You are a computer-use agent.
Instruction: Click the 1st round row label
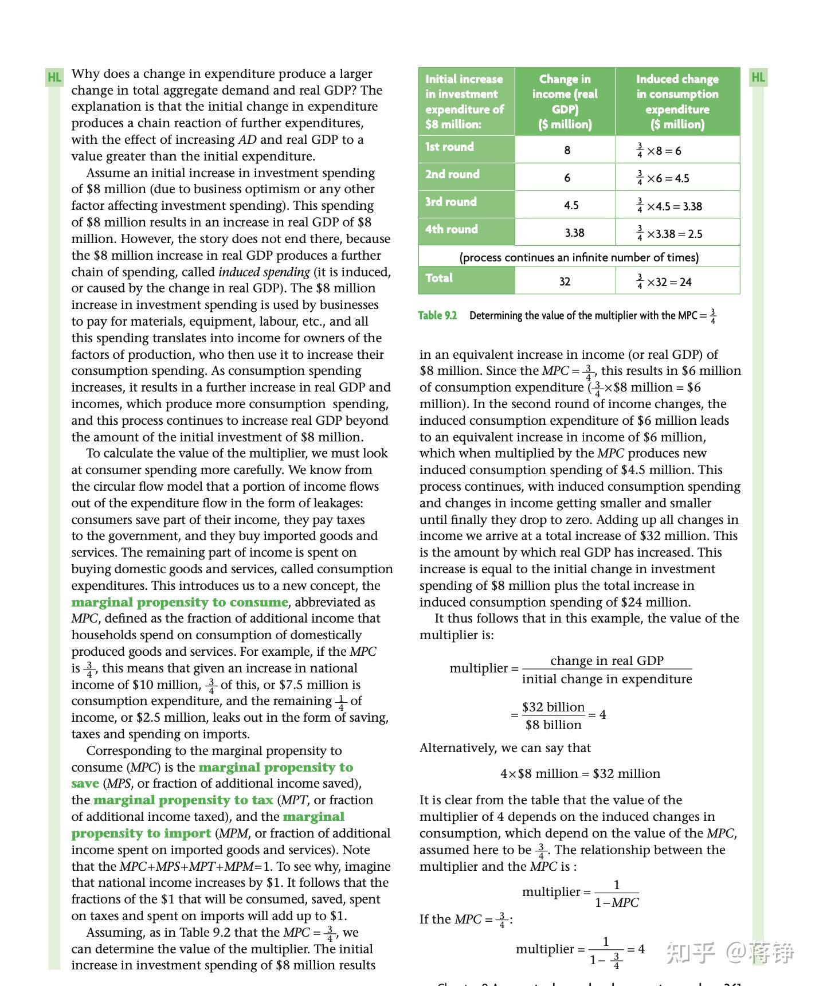click(x=449, y=147)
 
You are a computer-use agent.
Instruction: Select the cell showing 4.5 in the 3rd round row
click(x=571, y=205)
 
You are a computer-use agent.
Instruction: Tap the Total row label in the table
click(x=439, y=278)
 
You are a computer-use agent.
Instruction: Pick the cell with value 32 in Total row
click(x=565, y=281)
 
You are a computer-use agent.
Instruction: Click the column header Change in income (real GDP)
click(x=565, y=101)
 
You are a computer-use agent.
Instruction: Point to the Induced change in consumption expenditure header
click(x=677, y=101)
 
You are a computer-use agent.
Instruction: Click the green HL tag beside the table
click(x=758, y=77)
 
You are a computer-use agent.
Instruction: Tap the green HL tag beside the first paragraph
click(x=54, y=77)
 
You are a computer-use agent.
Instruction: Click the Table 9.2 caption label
click(x=437, y=315)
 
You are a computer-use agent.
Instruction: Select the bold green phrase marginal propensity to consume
click(x=179, y=602)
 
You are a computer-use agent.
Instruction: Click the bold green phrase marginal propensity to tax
click(x=183, y=800)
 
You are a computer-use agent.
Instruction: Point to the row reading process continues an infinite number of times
click(x=579, y=257)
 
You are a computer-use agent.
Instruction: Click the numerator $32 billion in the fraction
click(x=553, y=707)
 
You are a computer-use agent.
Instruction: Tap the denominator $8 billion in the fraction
click(x=553, y=725)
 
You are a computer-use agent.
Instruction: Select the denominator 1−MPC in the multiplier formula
click(x=617, y=902)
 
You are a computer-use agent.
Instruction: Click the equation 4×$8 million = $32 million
click(x=580, y=773)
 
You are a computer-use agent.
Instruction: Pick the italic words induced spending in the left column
click(x=264, y=272)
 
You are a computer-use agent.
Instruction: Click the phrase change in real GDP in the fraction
click(x=606, y=660)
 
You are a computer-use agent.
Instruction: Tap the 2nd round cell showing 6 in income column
click(x=567, y=178)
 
